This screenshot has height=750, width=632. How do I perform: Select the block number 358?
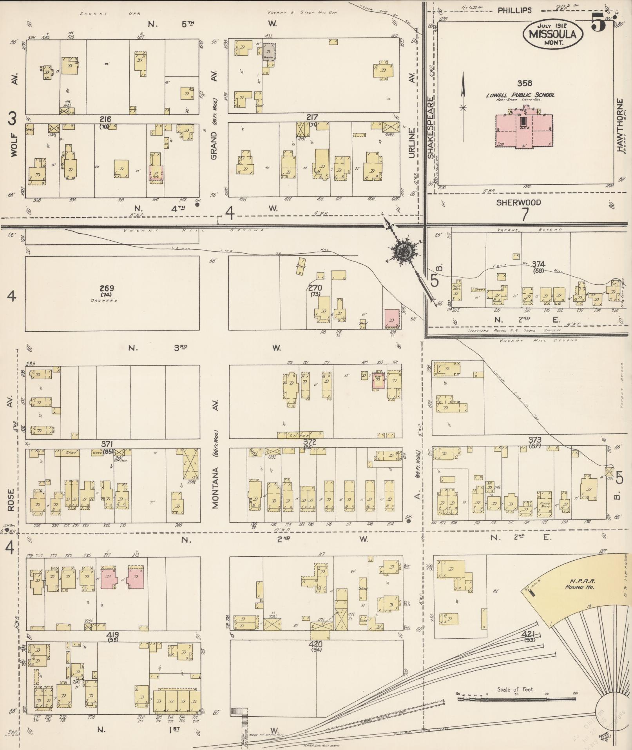[x=525, y=83]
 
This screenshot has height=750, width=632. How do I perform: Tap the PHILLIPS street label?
[x=514, y=11]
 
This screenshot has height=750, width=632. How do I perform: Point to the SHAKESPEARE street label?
[x=431, y=128]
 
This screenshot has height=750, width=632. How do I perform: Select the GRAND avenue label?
[x=214, y=146]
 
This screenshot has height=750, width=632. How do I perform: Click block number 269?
[x=107, y=288]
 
